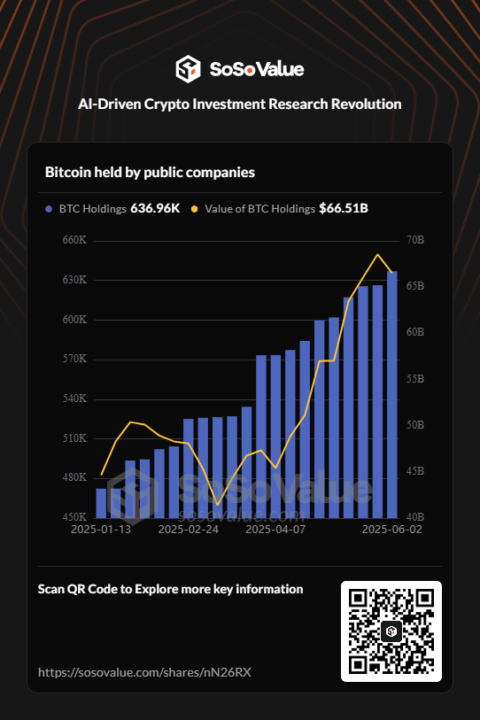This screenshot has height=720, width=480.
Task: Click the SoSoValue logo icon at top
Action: pos(189,68)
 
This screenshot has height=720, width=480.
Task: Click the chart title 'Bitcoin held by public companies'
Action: pos(150,172)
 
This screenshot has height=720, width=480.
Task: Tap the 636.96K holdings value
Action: pos(155,209)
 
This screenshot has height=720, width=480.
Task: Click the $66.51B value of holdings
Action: pos(344,209)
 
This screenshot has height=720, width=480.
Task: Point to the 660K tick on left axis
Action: pos(74,240)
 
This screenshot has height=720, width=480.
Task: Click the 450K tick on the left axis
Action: pos(74,516)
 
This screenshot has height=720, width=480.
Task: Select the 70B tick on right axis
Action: pos(414,240)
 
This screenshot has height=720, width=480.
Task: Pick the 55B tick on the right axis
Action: pos(414,378)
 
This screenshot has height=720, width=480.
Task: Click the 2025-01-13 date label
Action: pos(101,529)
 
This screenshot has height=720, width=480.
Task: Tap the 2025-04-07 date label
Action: pos(275,529)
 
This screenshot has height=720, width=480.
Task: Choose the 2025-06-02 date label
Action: pos(391,529)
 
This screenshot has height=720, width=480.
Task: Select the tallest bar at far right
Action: pos(391,394)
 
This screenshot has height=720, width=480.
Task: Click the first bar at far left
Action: pos(101,502)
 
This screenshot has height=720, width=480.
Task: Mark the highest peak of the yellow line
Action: pos(378,255)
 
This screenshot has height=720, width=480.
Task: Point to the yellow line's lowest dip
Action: pos(217,504)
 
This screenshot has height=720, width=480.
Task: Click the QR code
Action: pos(391,631)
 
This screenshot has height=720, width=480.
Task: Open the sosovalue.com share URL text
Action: pos(144,672)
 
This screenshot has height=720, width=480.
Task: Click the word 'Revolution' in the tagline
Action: pos(360,104)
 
